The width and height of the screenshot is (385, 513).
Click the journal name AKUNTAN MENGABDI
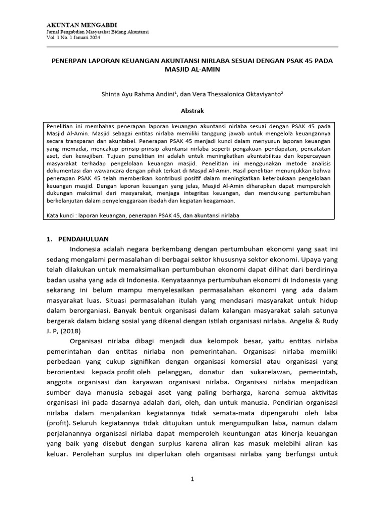click(x=75, y=26)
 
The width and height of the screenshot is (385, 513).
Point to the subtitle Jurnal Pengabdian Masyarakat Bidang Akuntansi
click(x=94, y=32)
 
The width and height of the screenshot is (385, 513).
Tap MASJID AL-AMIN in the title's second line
click(x=192, y=70)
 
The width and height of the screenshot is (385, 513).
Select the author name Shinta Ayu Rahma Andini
click(x=131, y=93)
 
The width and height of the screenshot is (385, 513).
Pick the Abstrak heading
click(x=192, y=110)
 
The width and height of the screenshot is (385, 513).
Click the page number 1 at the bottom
click(x=192, y=479)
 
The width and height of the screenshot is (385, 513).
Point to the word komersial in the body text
click(x=246, y=362)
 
